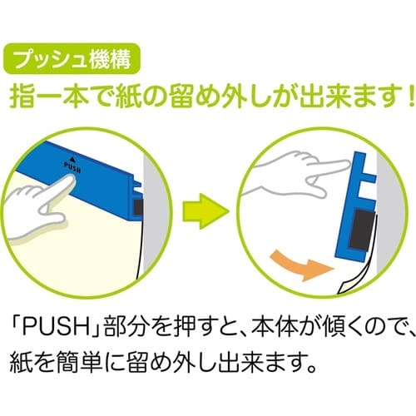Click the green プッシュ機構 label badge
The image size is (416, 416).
[x=72, y=58]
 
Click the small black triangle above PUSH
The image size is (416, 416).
[x=72, y=159]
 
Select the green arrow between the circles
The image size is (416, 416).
[x=206, y=211]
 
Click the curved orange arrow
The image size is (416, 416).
[x=302, y=265]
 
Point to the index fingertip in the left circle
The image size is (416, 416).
[x=72, y=178]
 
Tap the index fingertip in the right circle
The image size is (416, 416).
[x=347, y=165]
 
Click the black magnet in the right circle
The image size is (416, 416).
[x=361, y=230]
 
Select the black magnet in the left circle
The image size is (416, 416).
[x=138, y=207]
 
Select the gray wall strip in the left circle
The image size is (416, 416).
[x=155, y=210]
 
